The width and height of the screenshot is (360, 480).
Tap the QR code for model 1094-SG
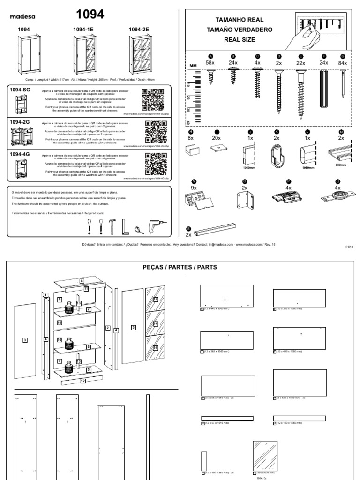153,99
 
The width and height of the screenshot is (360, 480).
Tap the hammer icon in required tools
112,227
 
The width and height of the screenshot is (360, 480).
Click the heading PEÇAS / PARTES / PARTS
180,267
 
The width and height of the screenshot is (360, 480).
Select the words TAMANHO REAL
239,20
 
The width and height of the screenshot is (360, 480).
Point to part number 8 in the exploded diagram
81,281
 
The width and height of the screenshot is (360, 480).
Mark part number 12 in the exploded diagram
83,381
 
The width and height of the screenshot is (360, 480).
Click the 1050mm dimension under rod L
308,167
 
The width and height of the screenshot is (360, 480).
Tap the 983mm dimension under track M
341,165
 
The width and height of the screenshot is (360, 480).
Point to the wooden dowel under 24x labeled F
323,89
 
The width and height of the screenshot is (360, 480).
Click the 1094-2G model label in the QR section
20,121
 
